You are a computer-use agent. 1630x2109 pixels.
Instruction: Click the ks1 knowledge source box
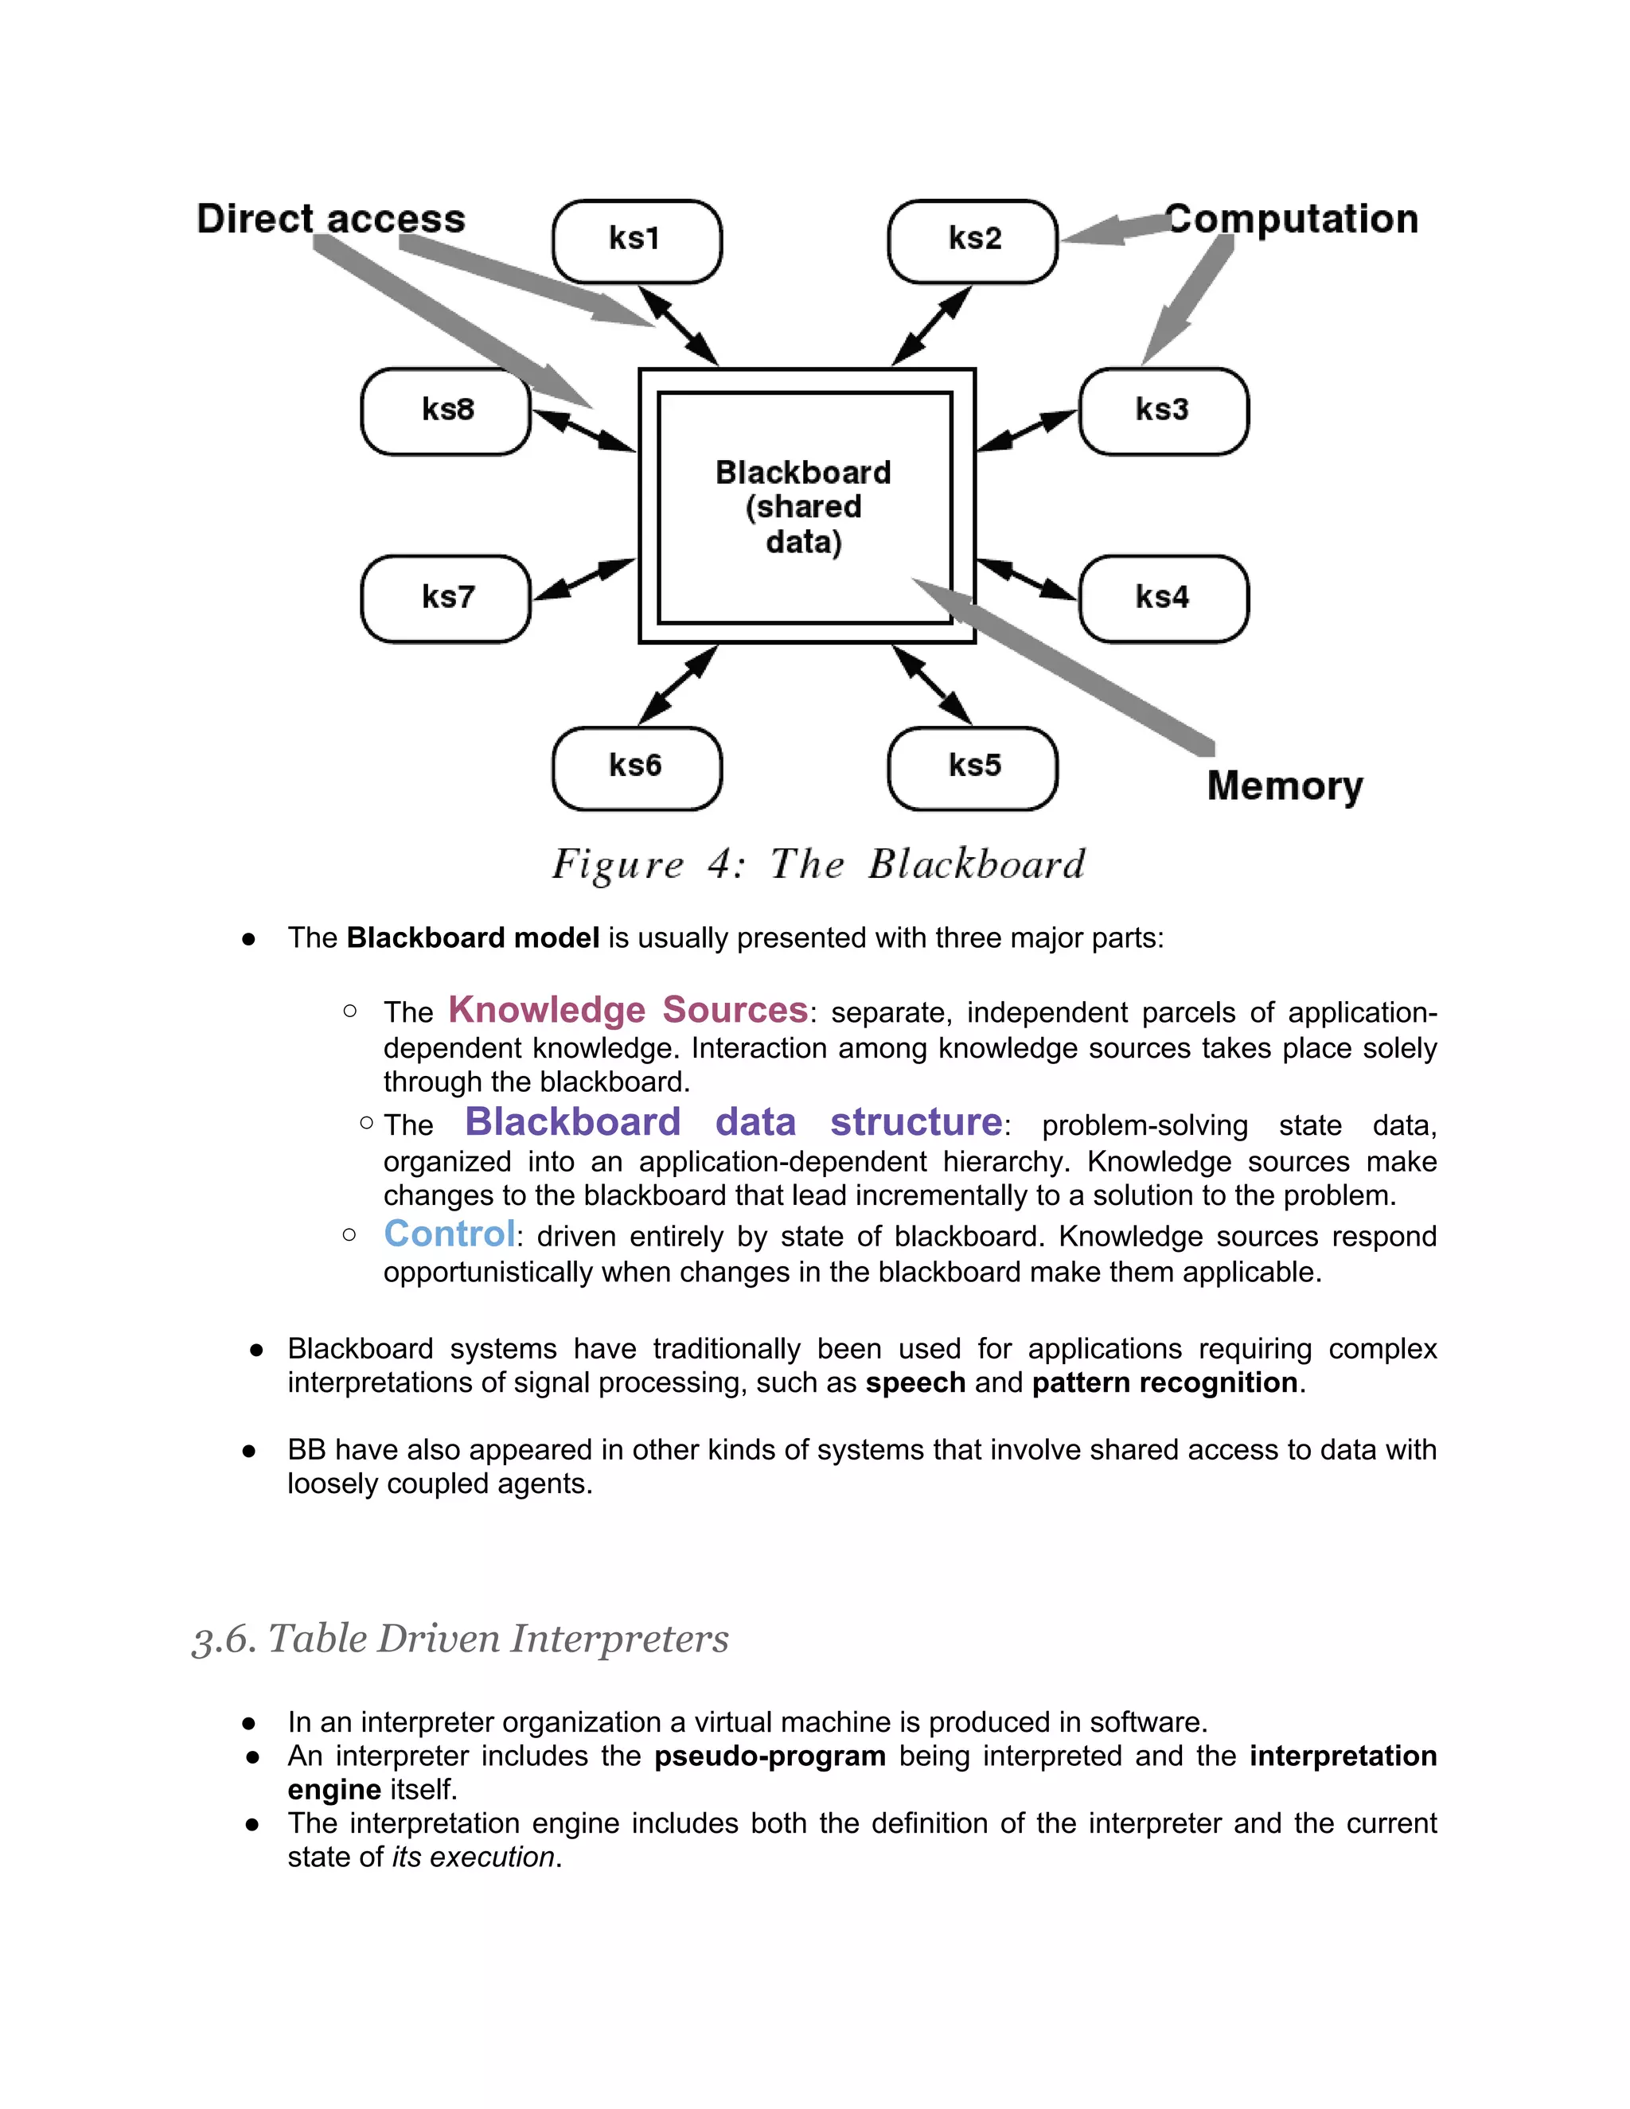pyautogui.click(x=637, y=241)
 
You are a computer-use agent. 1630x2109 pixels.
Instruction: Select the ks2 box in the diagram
pyautogui.click(x=973, y=241)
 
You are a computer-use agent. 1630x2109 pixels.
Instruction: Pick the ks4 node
pyautogui.click(x=1163, y=598)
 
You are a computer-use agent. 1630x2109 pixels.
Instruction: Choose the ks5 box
pyautogui.click(x=973, y=768)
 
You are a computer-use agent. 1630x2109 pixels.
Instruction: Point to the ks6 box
pyautogui.click(x=637, y=768)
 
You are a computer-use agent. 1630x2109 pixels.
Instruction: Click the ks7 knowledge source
pyautogui.click(x=446, y=598)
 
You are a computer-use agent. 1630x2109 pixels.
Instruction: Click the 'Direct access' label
pyautogui.click(x=330, y=219)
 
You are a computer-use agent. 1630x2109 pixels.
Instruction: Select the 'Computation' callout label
pyautogui.click(x=1292, y=219)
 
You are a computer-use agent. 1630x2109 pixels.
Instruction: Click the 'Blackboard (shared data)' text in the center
pyautogui.click(x=803, y=507)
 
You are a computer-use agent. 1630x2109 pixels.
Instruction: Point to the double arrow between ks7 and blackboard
pyautogui.click(x=584, y=579)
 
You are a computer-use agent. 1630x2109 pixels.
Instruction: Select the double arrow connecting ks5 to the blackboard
pyautogui.click(x=932, y=684)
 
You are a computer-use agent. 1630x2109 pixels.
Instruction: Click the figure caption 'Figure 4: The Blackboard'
pyautogui.click(x=819, y=864)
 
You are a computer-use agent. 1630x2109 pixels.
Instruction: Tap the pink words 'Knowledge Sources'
pyautogui.click(x=628, y=1010)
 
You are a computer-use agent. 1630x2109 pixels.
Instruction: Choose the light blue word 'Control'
pyautogui.click(x=449, y=1234)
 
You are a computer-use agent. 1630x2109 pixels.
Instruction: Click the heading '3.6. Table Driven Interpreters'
pyautogui.click(x=461, y=1639)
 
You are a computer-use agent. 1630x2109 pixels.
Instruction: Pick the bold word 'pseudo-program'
pyautogui.click(x=770, y=1756)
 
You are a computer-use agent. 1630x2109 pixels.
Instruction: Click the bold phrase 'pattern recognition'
pyautogui.click(x=1164, y=1383)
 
